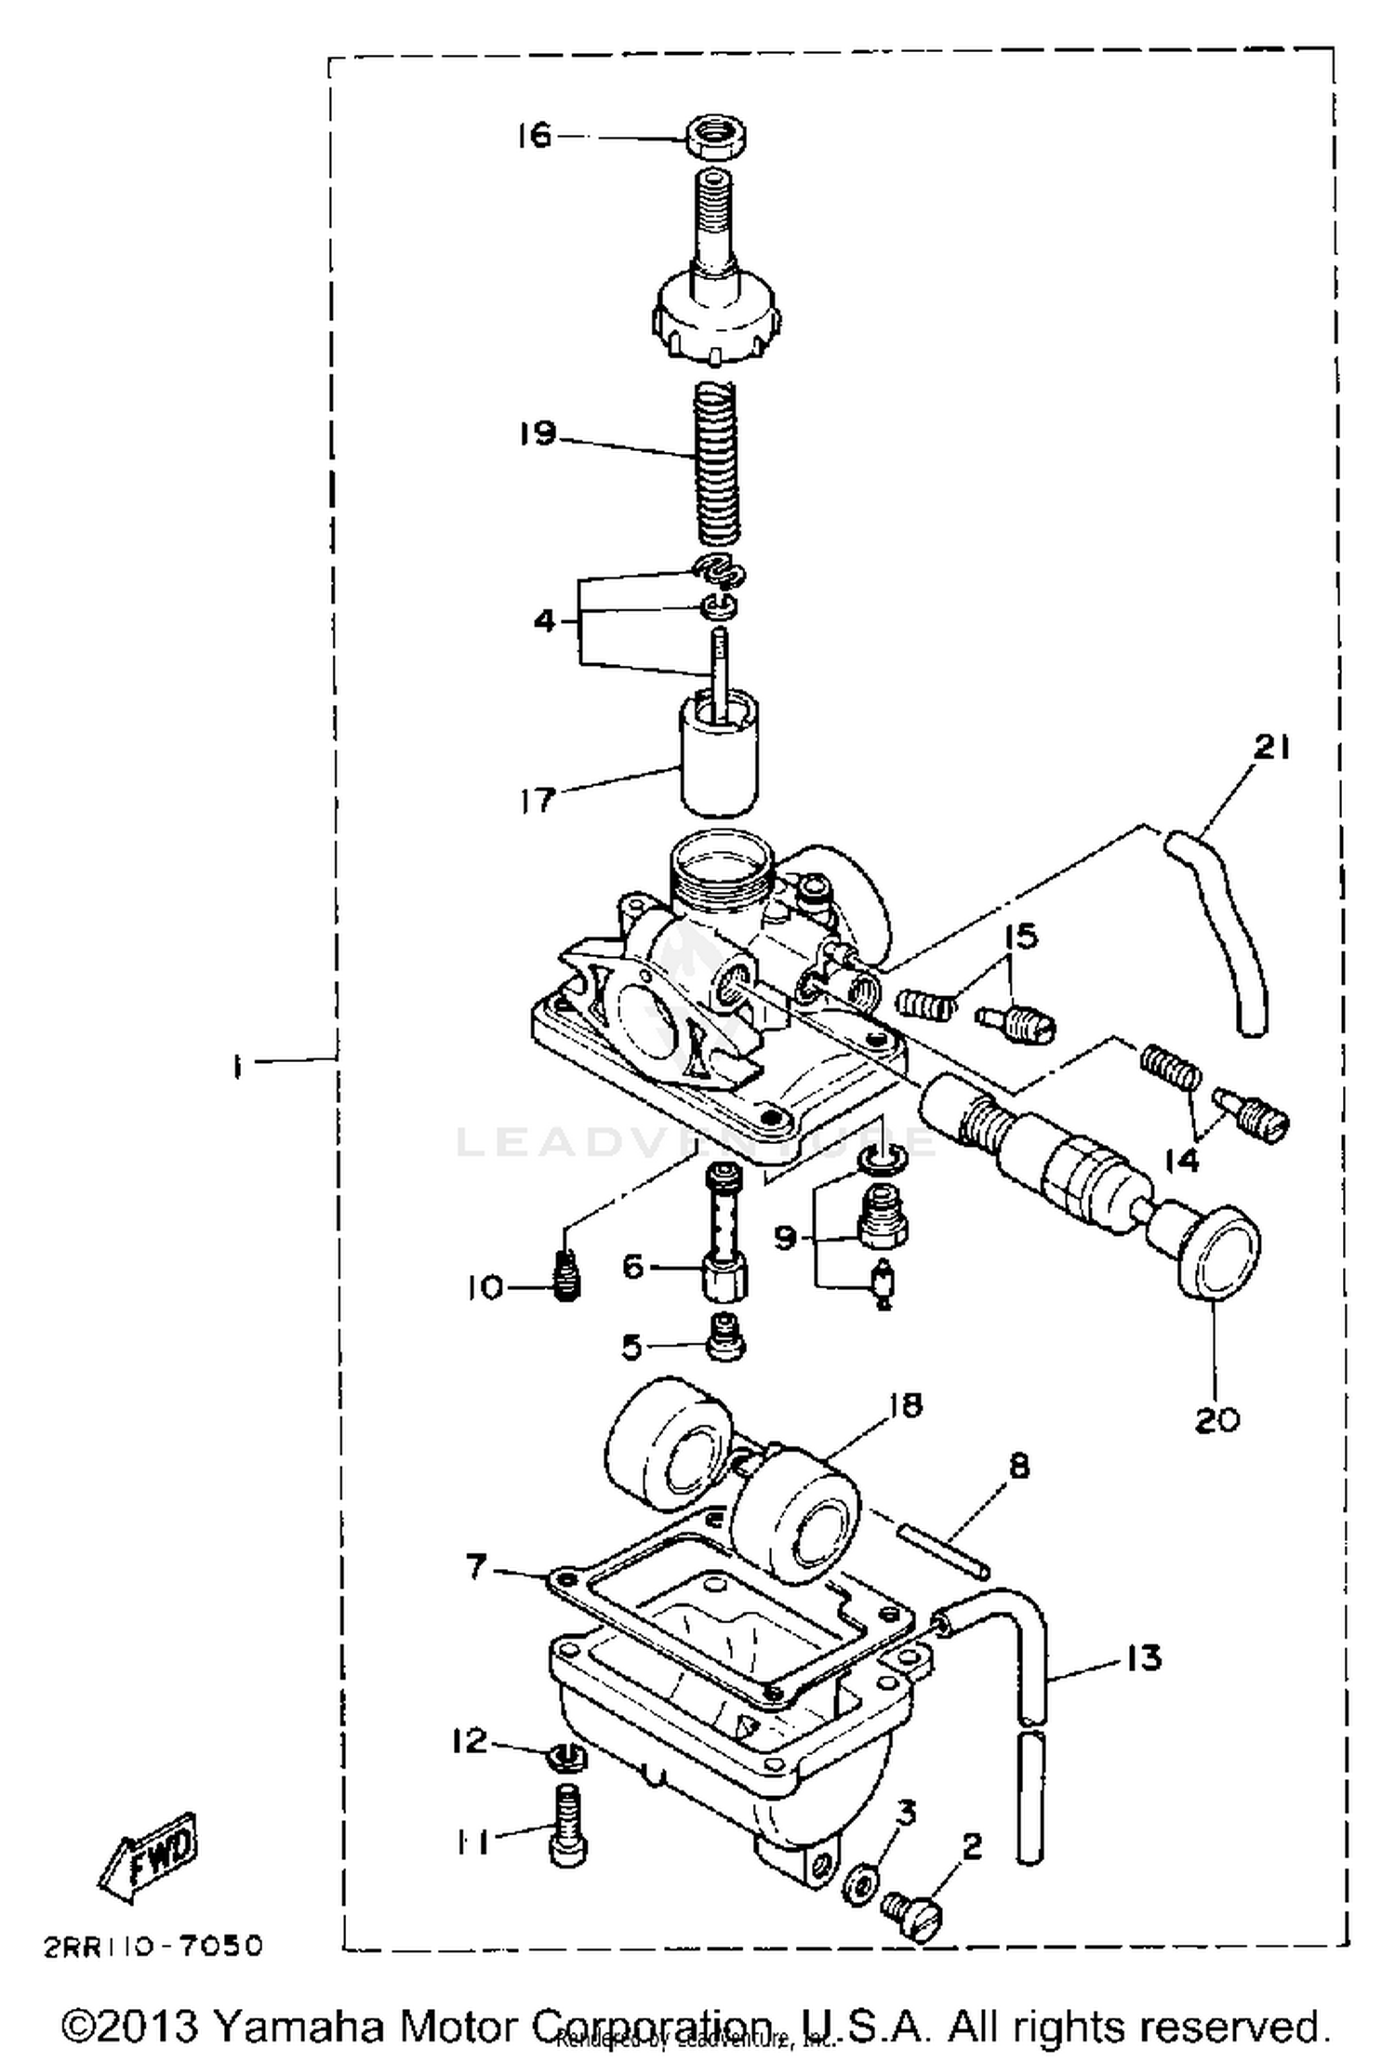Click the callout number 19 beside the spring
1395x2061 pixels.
[x=538, y=434]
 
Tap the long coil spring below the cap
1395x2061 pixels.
[x=717, y=462]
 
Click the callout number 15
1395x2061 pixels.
[x=1021, y=936]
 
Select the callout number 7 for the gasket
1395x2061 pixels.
[x=475, y=1567]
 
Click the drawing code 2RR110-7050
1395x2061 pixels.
[x=153, y=1946]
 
